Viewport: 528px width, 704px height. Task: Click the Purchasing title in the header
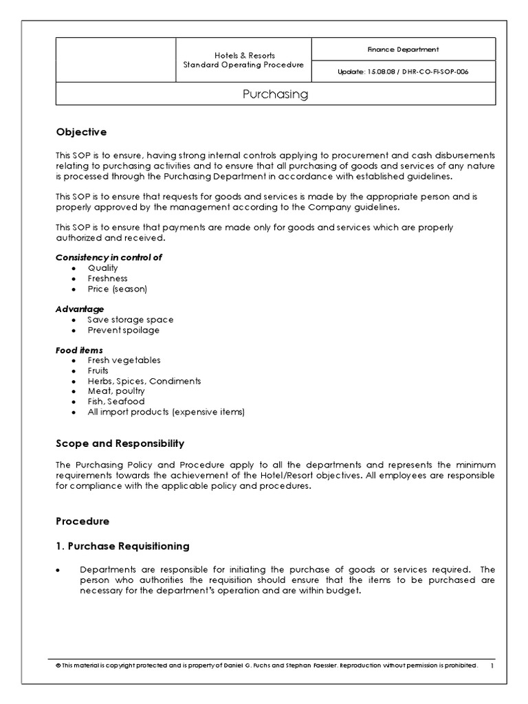tap(275, 94)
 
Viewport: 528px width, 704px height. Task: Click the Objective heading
tap(81, 131)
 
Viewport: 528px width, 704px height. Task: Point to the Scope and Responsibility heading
tap(120, 443)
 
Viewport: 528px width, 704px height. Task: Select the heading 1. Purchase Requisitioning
tap(122, 547)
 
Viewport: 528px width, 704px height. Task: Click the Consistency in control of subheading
tap(109, 258)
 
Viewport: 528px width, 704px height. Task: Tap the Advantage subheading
tap(80, 309)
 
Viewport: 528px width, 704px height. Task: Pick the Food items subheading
tap(79, 350)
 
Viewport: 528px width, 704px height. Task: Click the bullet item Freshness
tap(107, 278)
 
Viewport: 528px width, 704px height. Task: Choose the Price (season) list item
tap(117, 289)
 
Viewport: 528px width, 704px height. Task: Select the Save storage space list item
tap(130, 320)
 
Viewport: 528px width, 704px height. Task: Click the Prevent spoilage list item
tap(123, 330)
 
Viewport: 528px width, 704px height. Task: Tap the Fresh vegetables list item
tap(124, 360)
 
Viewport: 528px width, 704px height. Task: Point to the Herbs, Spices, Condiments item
tap(144, 381)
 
